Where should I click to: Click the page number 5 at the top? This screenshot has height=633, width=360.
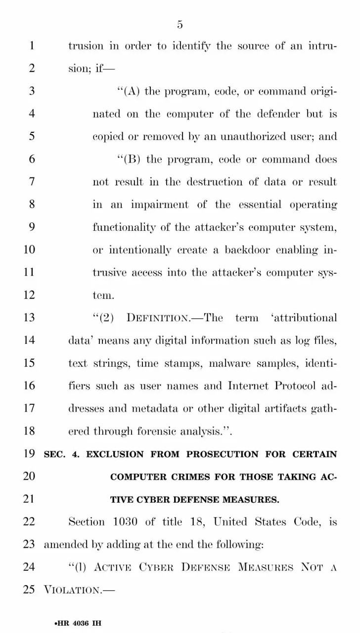[180, 24]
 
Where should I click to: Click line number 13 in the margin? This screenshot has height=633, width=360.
[29, 317]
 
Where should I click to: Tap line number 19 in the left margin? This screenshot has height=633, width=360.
[29, 454]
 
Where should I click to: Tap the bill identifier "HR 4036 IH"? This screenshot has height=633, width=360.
[79, 609]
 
